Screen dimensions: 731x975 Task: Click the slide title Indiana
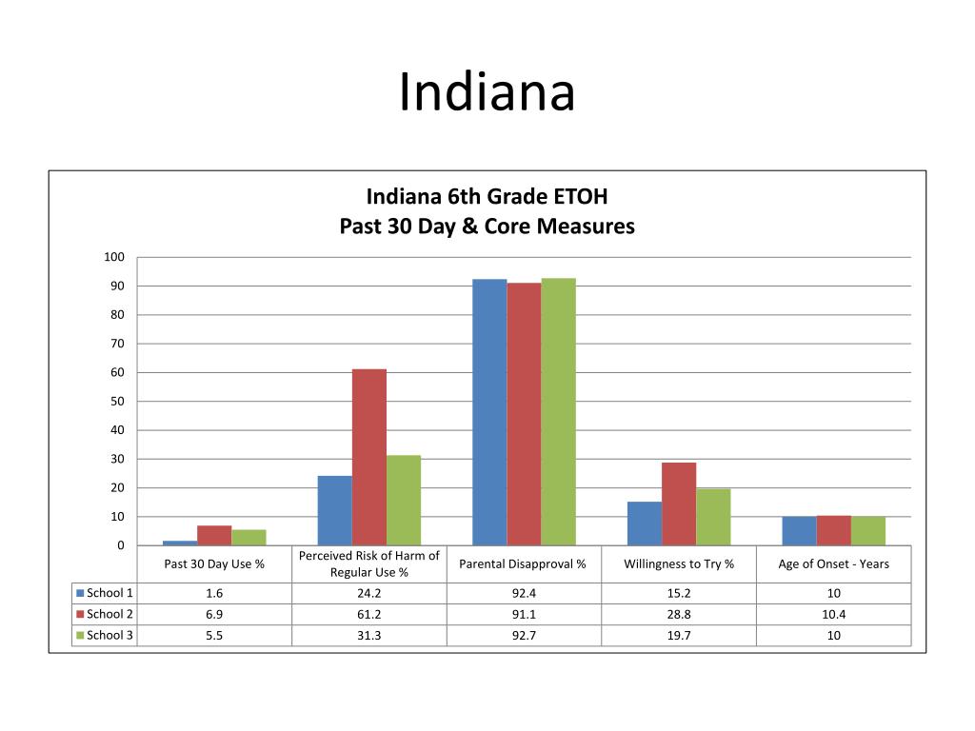coord(487,93)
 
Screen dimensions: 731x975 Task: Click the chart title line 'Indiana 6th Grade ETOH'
coord(487,197)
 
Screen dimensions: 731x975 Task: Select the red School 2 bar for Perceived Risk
coord(369,457)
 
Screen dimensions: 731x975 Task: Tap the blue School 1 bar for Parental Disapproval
coord(489,412)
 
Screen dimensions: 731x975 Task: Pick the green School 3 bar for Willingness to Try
coord(713,517)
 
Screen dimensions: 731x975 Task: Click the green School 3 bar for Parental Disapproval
coord(558,411)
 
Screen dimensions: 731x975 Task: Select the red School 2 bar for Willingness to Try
coord(679,504)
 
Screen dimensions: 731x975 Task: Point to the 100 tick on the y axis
coord(114,257)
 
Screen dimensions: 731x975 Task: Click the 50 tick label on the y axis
coord(117,402)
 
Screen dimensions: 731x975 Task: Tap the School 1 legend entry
coord(106,593)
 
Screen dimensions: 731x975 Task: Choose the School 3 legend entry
coord(106,635)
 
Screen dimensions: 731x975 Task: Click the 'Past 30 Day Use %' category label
coord(214,563)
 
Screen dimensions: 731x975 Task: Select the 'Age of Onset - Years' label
coord(833,563)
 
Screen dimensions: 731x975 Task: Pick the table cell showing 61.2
coord(369,614)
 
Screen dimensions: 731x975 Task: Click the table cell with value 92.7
coord(524,635)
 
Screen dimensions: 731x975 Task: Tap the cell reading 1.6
coord(214,593)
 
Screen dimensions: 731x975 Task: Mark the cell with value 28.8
coord(679,614)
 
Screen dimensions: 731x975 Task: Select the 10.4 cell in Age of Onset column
coord(833,614)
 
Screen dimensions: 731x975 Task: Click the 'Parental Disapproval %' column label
coord(523,563)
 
